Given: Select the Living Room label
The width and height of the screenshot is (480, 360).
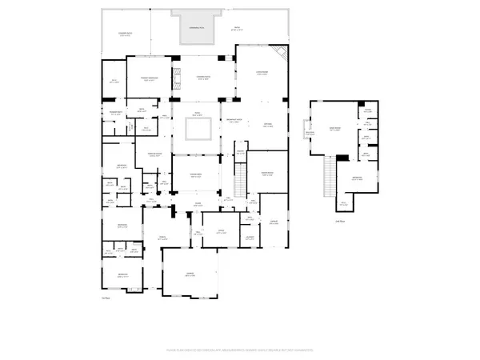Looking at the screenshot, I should (260, 74).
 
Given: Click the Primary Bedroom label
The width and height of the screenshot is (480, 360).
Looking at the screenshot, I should (150, 78).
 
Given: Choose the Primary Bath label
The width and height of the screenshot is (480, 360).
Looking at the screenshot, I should (115, 113).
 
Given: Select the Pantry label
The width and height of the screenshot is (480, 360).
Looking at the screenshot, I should (250, 218).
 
